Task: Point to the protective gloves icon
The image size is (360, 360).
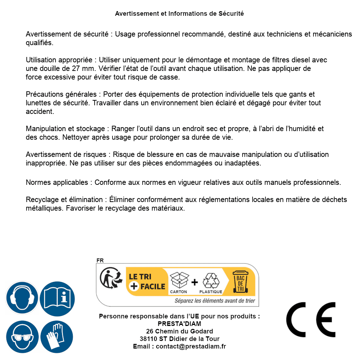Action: [x=57, y=337]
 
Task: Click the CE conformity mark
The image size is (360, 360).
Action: [x=311, y=320]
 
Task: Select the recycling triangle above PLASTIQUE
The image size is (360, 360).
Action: [x=211, y=280]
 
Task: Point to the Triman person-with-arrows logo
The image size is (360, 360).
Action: [x=109, y=279]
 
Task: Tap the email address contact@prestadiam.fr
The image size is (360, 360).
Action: [x=191, y=346]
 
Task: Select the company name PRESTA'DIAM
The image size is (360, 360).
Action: [x=179, y=324]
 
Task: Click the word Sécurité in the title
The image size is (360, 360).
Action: [x=231, y=14]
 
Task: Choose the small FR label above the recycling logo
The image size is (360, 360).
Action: [x=100, y=260]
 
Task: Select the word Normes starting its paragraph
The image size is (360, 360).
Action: [x=38, y=182]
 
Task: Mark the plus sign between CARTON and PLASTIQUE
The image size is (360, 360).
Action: [x=195, y=282]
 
